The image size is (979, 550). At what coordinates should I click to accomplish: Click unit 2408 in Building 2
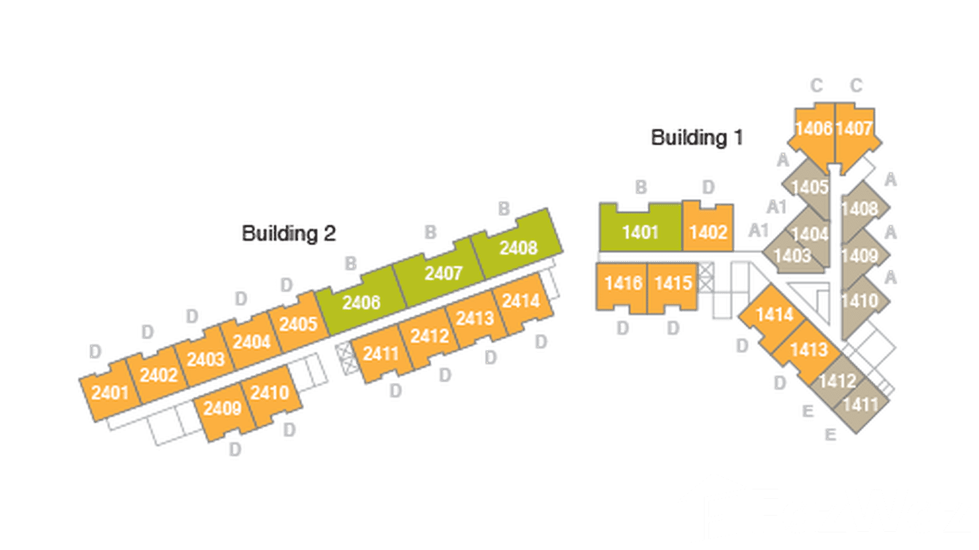point(518,248)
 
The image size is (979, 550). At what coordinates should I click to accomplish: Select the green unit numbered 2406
point(361,301)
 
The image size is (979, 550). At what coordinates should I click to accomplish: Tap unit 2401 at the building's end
point(110,393)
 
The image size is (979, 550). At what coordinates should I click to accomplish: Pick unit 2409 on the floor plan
point(222,409)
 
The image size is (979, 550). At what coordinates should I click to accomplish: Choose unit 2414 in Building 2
point(521,300)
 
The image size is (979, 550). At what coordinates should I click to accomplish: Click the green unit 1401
point(640,232)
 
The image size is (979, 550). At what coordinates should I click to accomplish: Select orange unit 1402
point(708,232)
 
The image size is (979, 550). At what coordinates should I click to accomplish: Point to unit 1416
point(622,283)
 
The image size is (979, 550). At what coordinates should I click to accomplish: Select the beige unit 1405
point(809,187)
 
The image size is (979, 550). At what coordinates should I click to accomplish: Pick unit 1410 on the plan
point(859,300)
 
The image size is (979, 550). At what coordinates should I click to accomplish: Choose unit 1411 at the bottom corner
point(861,403)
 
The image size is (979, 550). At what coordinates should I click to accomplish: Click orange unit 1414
point(775,315)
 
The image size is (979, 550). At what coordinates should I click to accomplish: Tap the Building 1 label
point(697,137)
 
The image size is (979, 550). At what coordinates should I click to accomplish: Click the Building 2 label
point(289,233)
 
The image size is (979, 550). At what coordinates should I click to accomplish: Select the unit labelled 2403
point(205,360)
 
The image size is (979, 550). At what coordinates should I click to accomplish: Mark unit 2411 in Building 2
point(381,354)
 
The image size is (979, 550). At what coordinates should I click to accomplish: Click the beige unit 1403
point(792,255)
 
